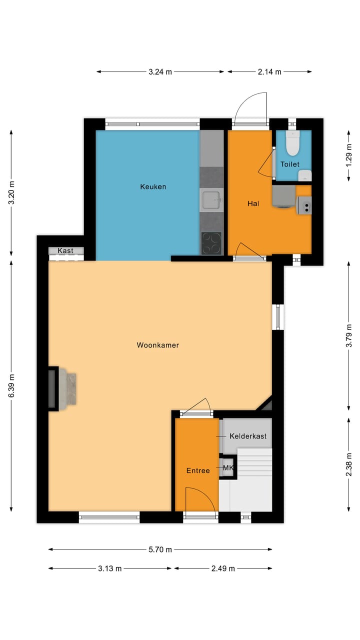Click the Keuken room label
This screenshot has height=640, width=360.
(153, 187)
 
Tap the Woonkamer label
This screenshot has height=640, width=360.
(157, 345)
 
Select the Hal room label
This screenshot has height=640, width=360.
(252, 203)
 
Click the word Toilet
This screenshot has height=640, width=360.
(289, 164)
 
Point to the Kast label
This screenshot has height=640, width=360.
(65, 250)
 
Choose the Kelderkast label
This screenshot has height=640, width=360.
(247, 436)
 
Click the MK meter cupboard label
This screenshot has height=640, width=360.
(228, 468)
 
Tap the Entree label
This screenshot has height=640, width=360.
(198, 470)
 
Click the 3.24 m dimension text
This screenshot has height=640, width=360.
(160, 72)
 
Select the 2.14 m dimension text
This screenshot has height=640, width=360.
(269, 72)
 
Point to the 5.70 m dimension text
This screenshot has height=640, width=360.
(160, 549)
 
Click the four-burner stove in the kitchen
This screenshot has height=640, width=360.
(212, 243)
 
